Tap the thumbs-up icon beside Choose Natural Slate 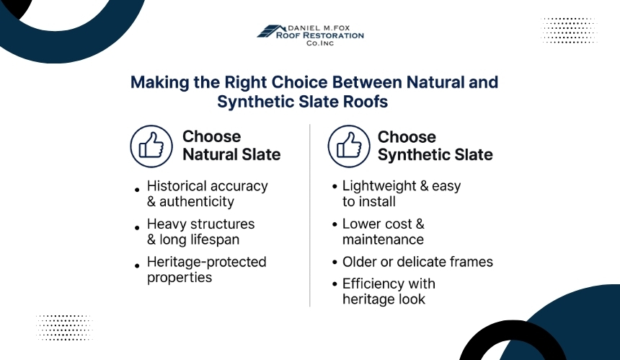(x=151, y=146)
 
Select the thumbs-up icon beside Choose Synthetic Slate (x=349, y=146)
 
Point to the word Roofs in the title (x=366, y=102)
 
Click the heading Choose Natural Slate (x=231, y=146)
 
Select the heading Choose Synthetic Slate (x=435, y=146)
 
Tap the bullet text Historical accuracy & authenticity (x=207, y=194)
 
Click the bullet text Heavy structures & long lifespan (x=200, y=232)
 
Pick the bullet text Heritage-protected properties (x=206, y=270)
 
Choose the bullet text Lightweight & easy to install (x=402, y=194)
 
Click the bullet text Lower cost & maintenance (x=383, y=232)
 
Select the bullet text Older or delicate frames (x=417, y=262)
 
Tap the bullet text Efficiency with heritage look (x=389, y=291)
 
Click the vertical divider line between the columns (x=310, y=216)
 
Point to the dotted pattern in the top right (x=569, y=30)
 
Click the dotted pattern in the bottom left (x=64, y=328)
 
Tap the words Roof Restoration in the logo (x=320, y=35)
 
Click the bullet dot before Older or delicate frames (x=335, y=263)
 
